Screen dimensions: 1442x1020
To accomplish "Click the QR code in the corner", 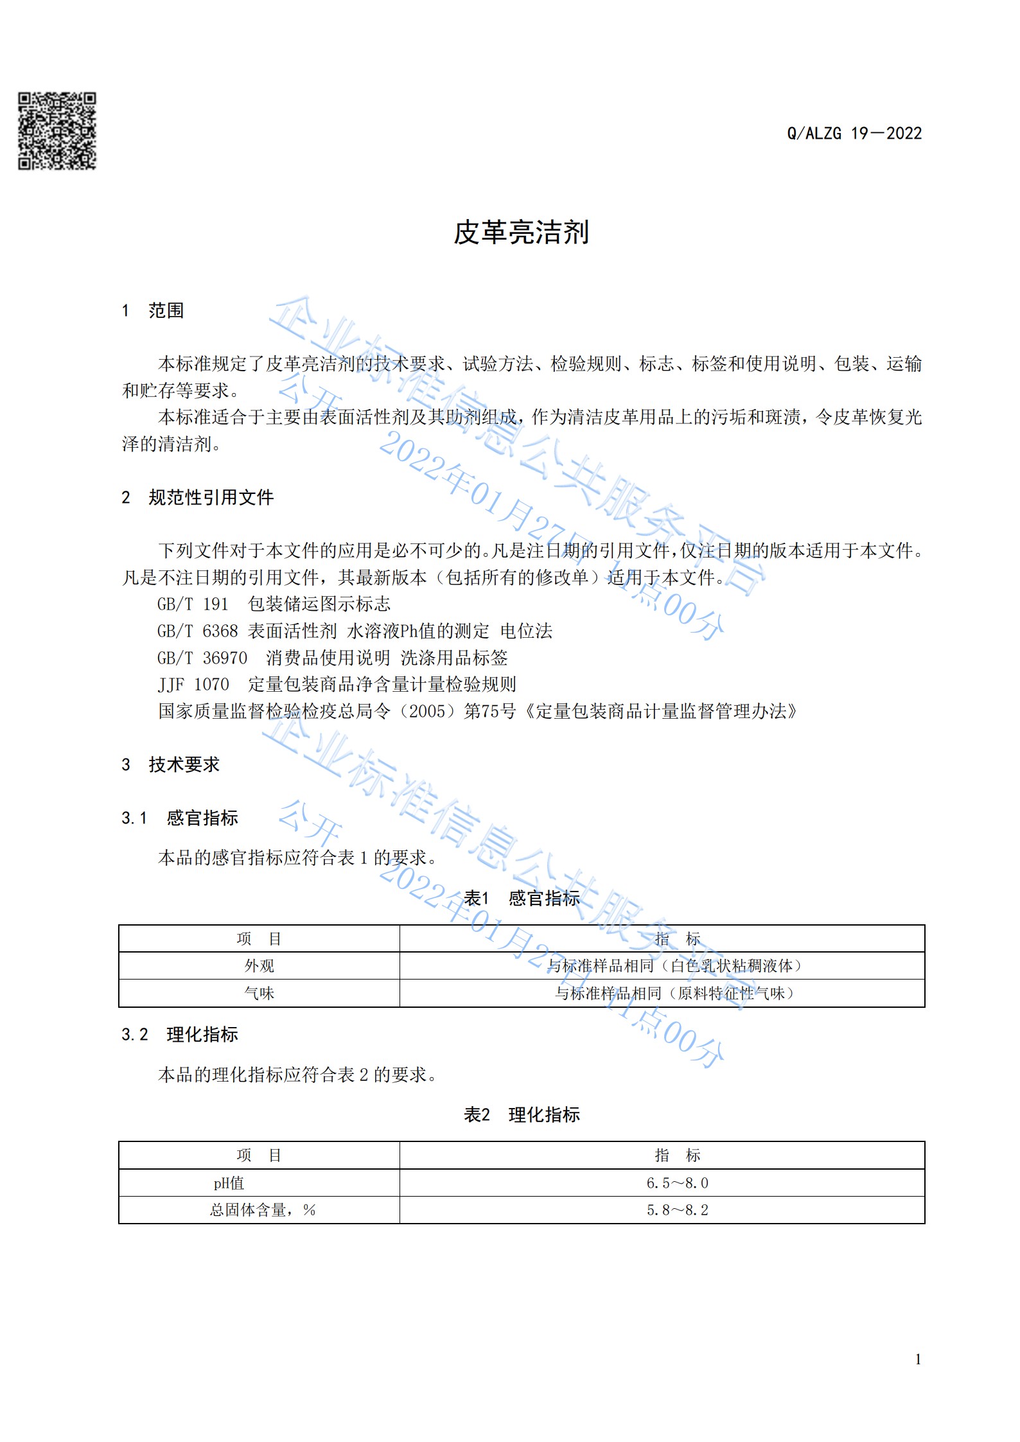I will [57, 131].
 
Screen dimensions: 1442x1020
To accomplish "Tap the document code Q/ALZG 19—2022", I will [854, 134].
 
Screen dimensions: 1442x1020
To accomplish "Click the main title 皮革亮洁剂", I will [521, 233].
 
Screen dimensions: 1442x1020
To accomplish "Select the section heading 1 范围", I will [153, 311].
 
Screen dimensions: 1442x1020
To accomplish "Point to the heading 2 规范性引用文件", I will [198, 497].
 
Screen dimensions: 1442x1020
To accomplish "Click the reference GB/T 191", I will [193, 604].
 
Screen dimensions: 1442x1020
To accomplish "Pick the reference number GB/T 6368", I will [197, 631].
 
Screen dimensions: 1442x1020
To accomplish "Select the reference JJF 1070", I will [193, 685].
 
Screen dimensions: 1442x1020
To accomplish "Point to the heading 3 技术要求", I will [171, 764].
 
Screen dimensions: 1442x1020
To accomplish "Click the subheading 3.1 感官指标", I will [180, 818].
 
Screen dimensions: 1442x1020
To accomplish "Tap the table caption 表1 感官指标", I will [522, 898].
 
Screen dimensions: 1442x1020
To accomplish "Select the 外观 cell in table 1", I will [259, 966].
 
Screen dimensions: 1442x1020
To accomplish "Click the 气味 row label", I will [259, 994].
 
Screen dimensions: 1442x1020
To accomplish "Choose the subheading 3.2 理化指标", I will [180, 1034].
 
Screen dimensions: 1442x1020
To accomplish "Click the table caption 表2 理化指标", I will [522, 1114].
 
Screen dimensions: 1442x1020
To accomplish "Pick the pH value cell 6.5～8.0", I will [677, 1183].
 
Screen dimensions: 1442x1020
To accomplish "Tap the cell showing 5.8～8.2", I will [677, 1210].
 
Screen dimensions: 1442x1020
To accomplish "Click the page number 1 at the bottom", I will [918, 1358].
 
